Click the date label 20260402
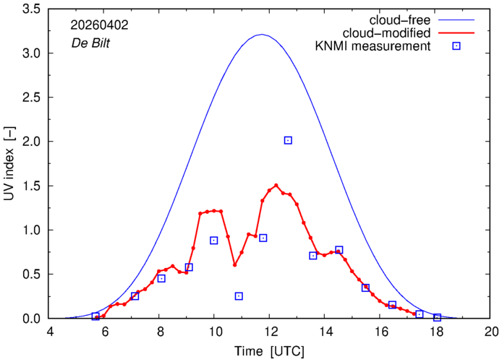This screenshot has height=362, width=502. click(x=99, y=25)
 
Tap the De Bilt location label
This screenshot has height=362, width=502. click(x=90, y=43)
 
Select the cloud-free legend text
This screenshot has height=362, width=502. click(x=400, y=20)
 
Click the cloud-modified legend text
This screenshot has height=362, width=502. click(x=386, y=33)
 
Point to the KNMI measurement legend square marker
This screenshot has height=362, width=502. click(x=456, y=46)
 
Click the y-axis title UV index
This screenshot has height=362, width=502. click(x=9, y=163)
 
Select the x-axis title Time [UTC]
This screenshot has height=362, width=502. click(x=269, y=351)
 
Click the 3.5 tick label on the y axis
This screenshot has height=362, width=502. click(x=31, y=9)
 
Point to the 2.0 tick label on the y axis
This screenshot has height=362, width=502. click(x=31, y=142)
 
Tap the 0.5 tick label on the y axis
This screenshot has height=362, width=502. click(x=31, y=274)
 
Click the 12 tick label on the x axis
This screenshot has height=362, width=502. click(x=269, y=332)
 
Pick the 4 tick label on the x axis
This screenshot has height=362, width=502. click(x=50, y=332)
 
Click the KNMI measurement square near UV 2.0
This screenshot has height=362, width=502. click(x=288, y=140)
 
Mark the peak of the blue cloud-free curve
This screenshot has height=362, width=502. click(x=262, y=34)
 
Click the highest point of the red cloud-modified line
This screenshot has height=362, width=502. click(x=276, y=185)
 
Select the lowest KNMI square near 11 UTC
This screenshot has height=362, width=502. click(x=239, y=296)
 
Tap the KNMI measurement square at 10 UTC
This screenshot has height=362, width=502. click(x=214, y=241)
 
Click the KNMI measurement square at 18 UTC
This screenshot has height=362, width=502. click(x=437, y=317)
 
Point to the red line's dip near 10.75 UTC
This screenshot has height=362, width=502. click(x=234, y=264)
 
